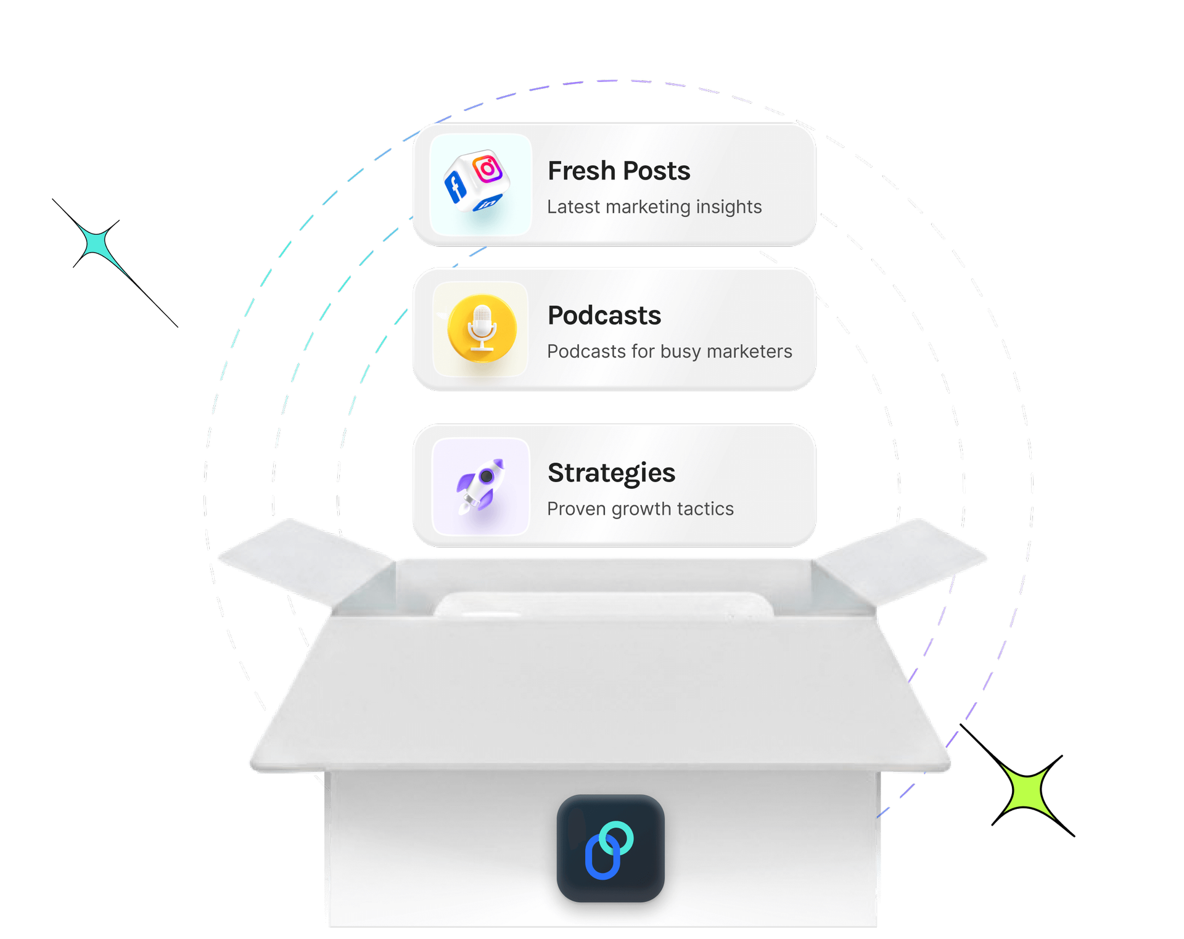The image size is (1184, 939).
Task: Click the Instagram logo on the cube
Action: pos(488,168)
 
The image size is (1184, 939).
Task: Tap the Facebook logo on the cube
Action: pos(456,187)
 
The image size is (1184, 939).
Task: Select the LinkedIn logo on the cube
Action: pos(488,203)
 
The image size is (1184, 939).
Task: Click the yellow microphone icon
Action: pos(482,329)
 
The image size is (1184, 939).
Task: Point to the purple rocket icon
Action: pos(480,486)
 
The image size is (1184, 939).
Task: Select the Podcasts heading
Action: pos(604,316)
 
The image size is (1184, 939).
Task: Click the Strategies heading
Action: pos(611,473)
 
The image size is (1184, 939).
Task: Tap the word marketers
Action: pos(749,351)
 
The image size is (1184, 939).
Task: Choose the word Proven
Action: pos(576,509)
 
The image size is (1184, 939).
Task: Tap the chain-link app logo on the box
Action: pos(610,848)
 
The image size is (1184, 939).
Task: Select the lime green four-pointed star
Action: pos(1027,791)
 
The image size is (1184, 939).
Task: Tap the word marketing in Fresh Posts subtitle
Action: pos(648,207)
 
